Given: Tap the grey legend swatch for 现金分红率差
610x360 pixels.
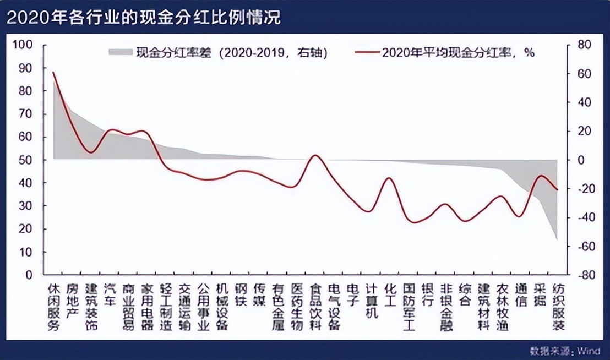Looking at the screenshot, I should coord(121,52).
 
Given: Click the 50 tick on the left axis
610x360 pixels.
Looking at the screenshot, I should coord(26,160).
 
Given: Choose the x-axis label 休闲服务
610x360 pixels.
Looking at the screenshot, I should coord(53,307).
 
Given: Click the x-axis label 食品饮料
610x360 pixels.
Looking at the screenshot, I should coord(315,307).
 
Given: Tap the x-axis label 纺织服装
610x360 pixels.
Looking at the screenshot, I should coord(558,307).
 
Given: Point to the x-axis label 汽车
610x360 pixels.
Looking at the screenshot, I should coord(110,294).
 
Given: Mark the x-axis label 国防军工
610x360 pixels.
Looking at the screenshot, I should coord(409,307).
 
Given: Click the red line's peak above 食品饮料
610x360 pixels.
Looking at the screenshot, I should coord(315,155).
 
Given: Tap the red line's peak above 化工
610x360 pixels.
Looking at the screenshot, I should coord(389,178).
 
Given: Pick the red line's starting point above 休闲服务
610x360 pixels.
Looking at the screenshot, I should coord(53,72).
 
